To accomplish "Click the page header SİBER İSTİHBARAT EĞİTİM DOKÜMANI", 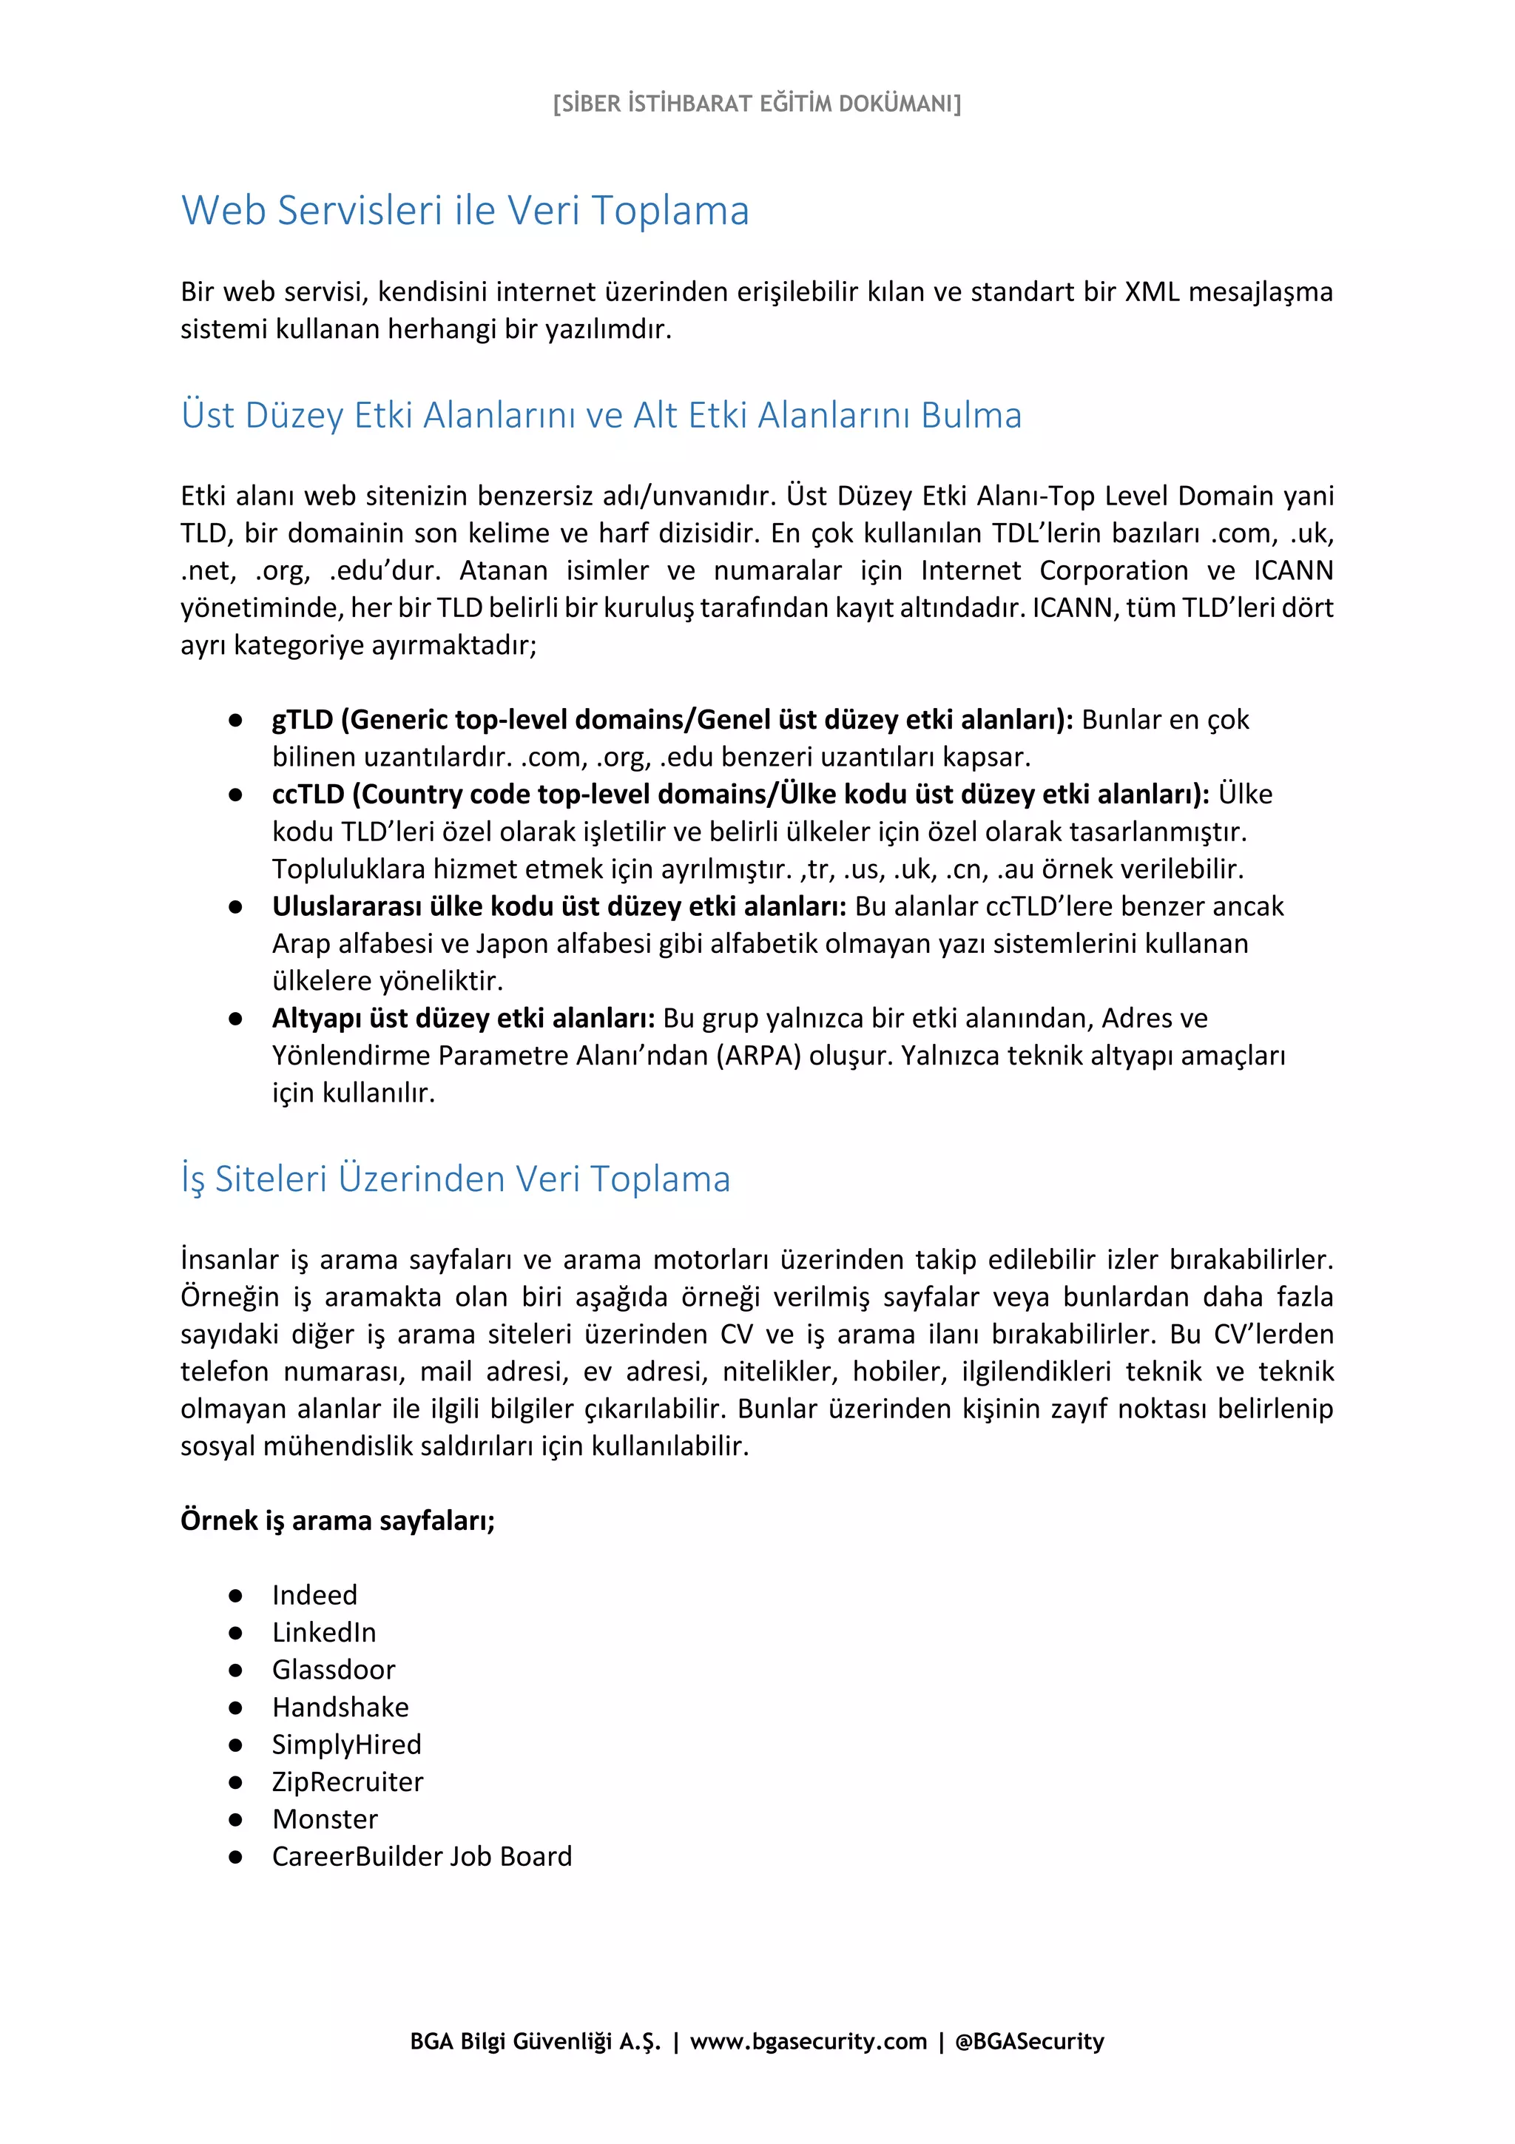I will (x=756, y=103).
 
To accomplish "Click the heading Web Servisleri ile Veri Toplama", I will (x=465, y=211).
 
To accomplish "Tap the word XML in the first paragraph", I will (x=1151, y=292).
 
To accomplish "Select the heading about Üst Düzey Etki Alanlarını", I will (x=601, y=416).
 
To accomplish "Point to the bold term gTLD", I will (x=303, y=720).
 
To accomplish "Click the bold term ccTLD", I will (x=308, y=795).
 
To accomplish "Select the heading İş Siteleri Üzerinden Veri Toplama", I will (x=456, y=1179).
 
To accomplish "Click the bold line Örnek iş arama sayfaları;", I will (x=337, y=1520).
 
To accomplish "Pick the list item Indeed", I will (x=314, y=1595).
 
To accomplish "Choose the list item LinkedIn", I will (x=324, y=1632).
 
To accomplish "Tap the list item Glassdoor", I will (x=333, y=1670).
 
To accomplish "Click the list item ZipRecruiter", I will (x=347, y=1781).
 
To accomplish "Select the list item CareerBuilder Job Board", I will (x=422, y=1856).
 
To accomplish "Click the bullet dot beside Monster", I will (x=235, y=1820).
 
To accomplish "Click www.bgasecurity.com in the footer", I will (x=809, y=2041).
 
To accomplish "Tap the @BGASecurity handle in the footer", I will (x=1030, y=2041).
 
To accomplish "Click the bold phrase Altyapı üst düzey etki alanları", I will (x=463, y=1019).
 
